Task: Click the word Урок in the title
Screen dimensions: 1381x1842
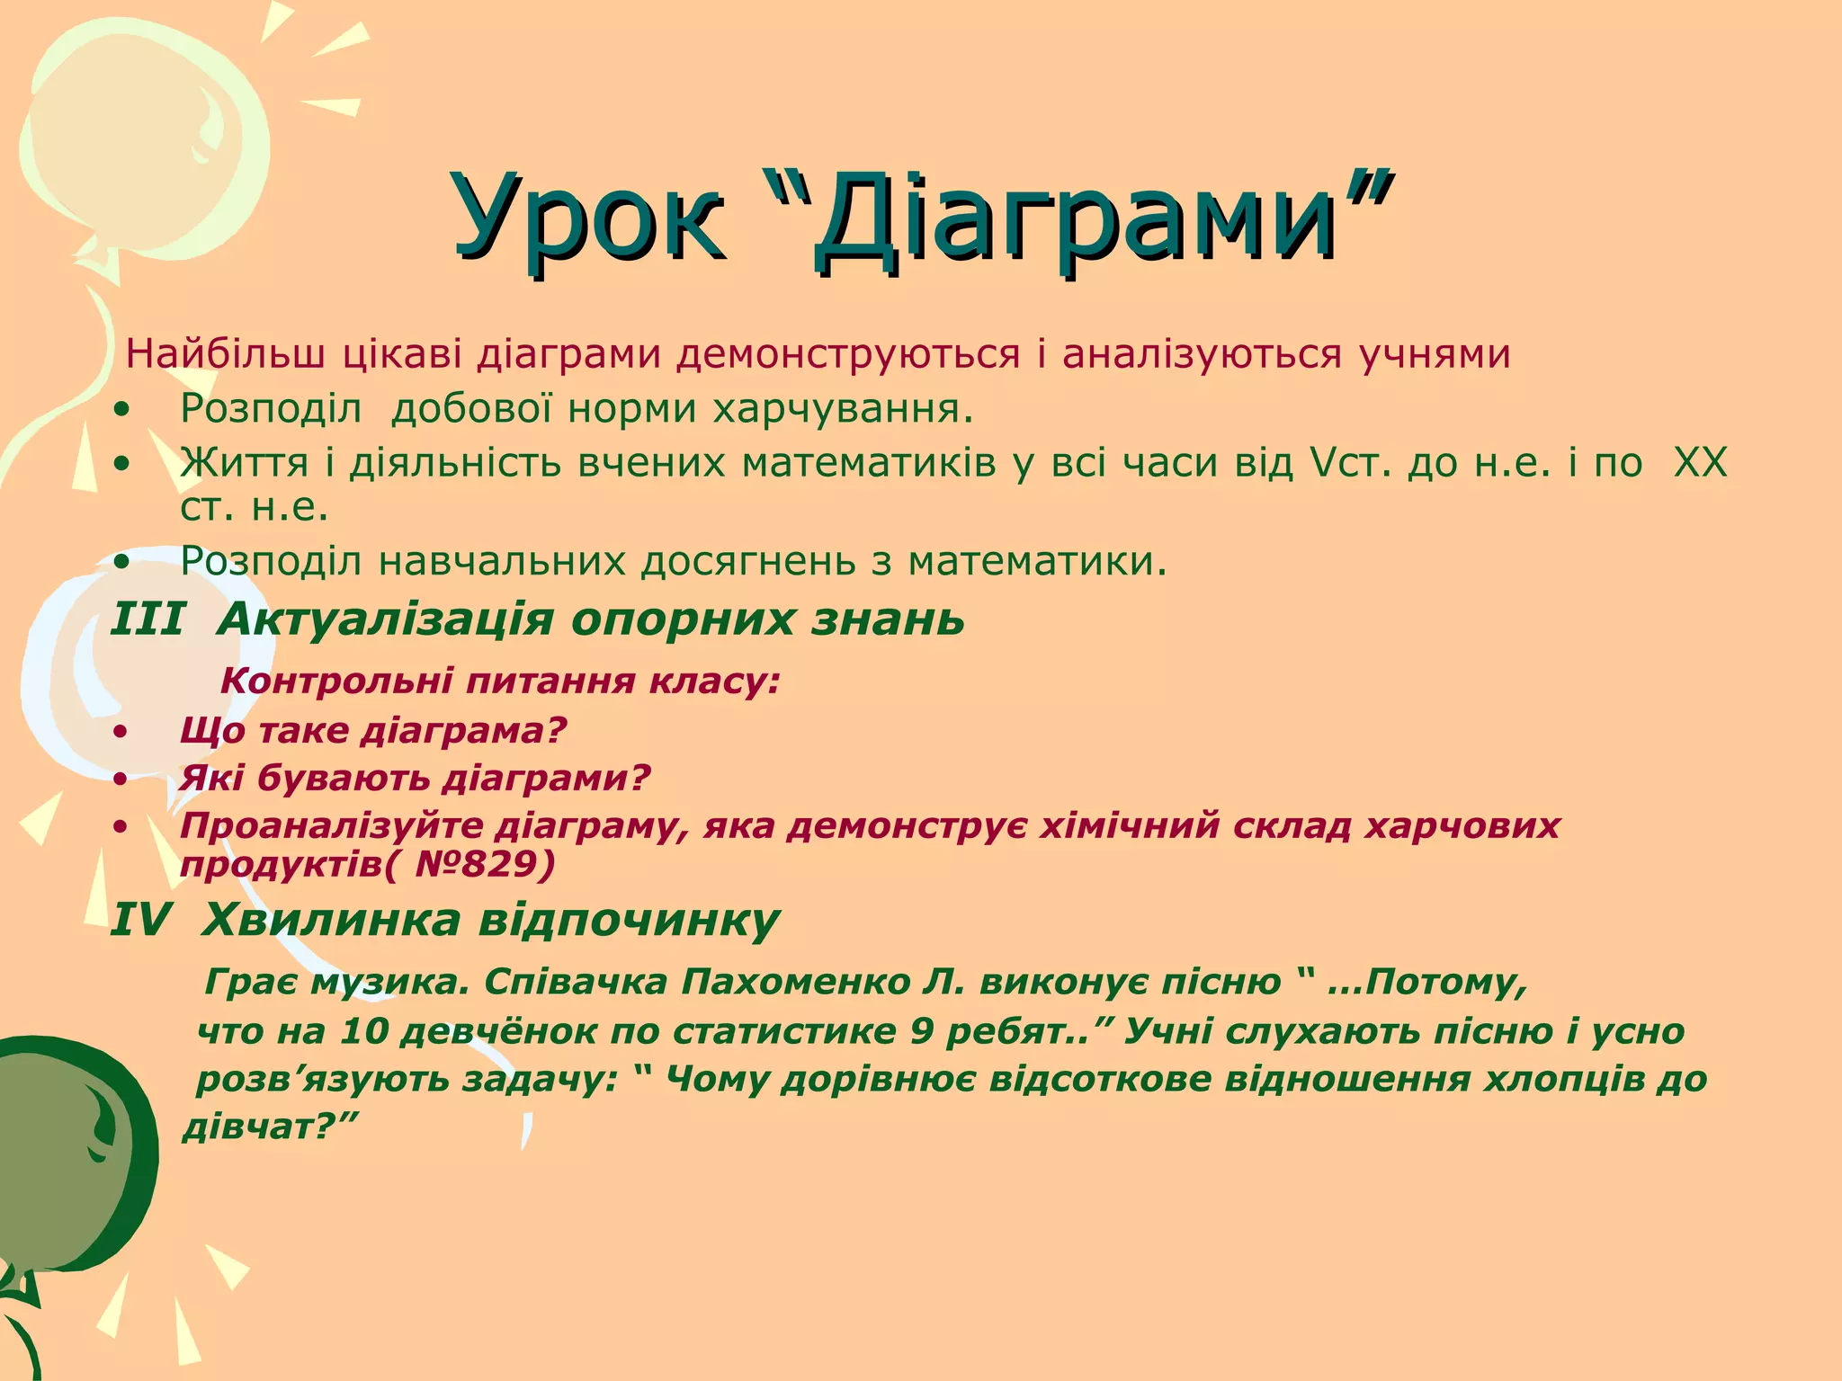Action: click(x=589, y=220)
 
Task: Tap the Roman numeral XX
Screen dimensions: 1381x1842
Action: click(x=1700, y=463)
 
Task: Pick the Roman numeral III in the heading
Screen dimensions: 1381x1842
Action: click(x=148, y=619)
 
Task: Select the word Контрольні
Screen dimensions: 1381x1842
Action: click(x=336, y=682)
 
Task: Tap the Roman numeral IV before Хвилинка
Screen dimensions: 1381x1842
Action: click(x=140, y=920)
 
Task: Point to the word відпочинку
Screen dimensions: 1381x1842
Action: click(x=629, y=920)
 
